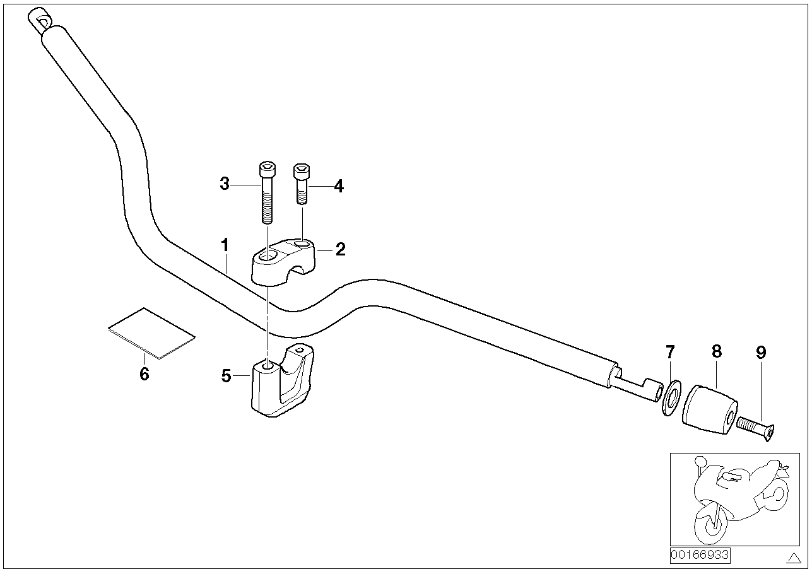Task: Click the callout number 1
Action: coord(225,245)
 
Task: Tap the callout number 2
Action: coord(341,249)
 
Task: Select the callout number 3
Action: coord(225,184)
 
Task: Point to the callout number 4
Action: coord(339,186)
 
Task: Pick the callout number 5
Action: coord(227,376)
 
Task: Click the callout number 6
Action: coord(144,373)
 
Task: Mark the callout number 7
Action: coord(670,351)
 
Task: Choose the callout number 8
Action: coord(717,351)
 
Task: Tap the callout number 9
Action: coord(761,352)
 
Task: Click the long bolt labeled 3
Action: coord(267,192)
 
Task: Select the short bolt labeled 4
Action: coord(302,184)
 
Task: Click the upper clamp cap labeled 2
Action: coord(283,262)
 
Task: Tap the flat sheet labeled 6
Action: coord(151,334)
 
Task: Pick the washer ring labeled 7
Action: coord(671,397)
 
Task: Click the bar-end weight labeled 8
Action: coord(710,410)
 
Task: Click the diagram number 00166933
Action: coord(700,555)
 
